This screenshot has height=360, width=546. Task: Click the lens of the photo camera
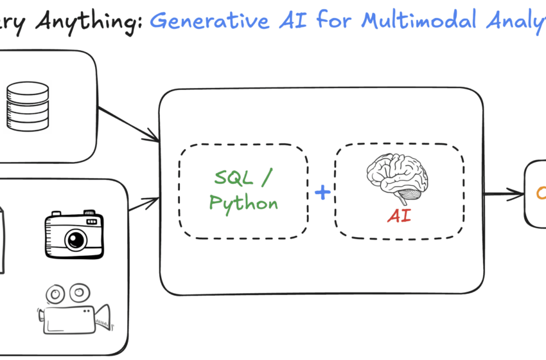pyautogui.click(x=76, y=240)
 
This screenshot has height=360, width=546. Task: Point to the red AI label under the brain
pyautogui.click(x=399, y=216)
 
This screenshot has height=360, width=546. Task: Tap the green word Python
pyautogui.click(x=243, y=204)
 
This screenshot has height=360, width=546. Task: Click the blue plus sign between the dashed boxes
pyautogui.click(x=322, y=192)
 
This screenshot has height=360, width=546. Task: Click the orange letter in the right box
pyautogui.click(x=540, y=192)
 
